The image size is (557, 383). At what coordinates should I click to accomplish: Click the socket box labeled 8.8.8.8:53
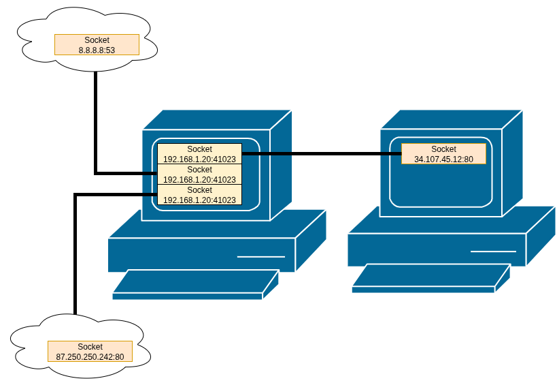(x=97, y=45)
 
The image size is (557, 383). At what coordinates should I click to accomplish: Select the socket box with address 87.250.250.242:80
(x=90, y=352)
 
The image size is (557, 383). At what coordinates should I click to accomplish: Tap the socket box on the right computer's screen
(x=443, y=154)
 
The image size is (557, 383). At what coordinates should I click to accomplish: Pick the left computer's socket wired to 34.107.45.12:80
(x=199, y=154)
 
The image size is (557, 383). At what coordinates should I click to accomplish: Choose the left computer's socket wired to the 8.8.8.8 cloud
(x=199, y=174)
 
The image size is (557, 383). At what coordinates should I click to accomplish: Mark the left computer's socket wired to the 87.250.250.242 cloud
(x=199, y=195)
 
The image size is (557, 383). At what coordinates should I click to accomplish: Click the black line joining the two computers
(x=320, y=154)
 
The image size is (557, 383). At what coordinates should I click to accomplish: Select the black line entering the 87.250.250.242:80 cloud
(x=75, y=273)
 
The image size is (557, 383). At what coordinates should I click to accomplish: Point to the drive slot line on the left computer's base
(x=260, y=257)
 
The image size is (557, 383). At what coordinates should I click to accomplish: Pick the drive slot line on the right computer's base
(x=493, y=251)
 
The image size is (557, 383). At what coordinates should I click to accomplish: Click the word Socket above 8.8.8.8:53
(x=97, y=40)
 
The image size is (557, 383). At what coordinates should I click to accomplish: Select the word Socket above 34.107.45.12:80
(x=443, y=149)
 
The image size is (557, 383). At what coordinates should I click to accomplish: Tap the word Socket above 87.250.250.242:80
(x=90, y=347)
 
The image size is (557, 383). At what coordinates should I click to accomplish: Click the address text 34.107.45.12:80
(x=443, y=159)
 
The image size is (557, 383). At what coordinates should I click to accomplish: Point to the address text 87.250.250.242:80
(x=90, y=356)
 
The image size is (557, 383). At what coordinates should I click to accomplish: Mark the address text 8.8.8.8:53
(x=97, y=50)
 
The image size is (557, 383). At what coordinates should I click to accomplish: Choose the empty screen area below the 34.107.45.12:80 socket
(x=443, y=184)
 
